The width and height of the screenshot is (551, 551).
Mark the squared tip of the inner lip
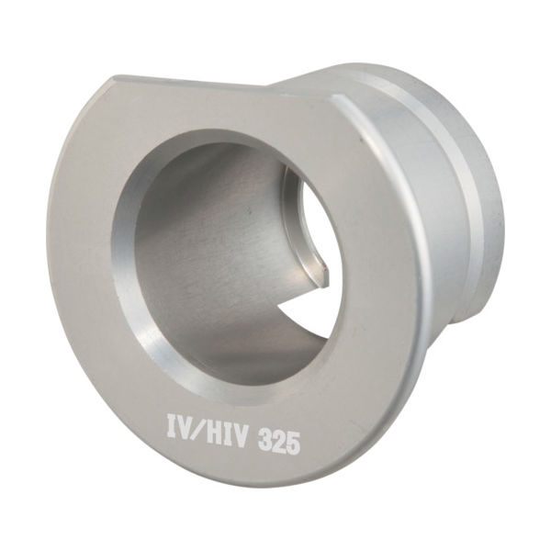point(323,272)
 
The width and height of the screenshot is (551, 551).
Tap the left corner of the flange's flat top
point(117,80)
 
